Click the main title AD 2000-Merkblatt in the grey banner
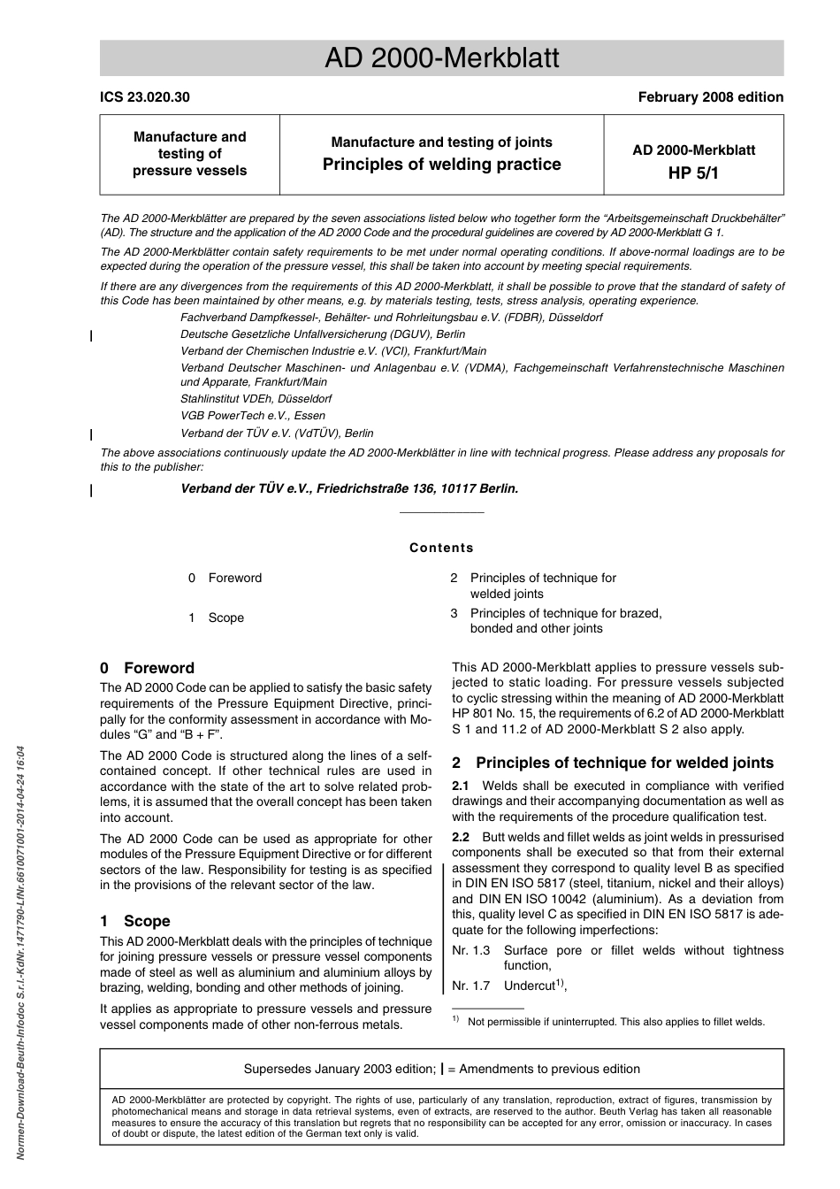(441, 58)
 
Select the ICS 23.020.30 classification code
(145, 97)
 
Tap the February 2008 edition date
(710, 97)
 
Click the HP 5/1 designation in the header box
(693, 173)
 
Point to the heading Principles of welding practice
(441, 165)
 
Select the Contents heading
(441, 548)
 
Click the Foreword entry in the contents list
(235, 578)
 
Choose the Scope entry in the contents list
(226, 618)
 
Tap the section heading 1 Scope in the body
(135, 921)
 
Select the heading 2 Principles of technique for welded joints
(613, 763)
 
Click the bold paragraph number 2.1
(461, 786)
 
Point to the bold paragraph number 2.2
(461, 837)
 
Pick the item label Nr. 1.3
(470, 950)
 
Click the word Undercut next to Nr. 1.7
(529, 986)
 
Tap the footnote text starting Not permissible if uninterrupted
(616, 1022)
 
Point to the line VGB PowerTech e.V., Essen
(253, 416)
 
